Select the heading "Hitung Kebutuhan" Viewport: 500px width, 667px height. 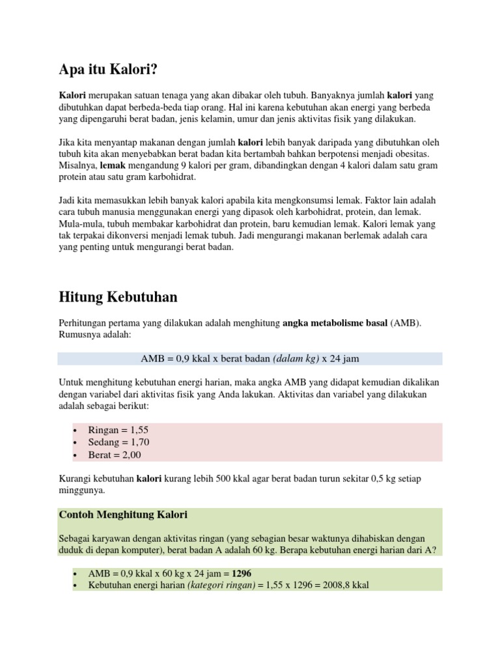click(118, 297)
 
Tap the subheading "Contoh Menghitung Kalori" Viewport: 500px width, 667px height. click(123, 515)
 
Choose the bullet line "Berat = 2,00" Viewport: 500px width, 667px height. click(115, 455)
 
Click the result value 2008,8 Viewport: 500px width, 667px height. click(339, 585)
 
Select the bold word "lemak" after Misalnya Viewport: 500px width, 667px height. click(113, 165)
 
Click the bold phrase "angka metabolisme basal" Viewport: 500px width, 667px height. click(335, 323)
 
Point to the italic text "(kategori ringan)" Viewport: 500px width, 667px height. click(221, 585)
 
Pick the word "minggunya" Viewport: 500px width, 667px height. click(81, 490)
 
